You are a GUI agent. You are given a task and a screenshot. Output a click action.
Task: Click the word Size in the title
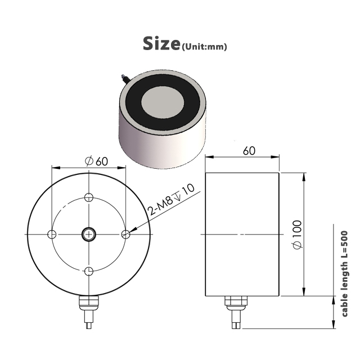point(161,43)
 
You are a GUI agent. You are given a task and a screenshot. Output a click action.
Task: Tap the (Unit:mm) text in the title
point(204,47)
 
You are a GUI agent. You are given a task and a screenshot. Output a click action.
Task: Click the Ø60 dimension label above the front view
point(96,161)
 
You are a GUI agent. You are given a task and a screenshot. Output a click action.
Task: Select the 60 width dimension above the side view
point(249,151)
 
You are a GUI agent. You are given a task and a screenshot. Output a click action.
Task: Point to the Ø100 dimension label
point(298,235)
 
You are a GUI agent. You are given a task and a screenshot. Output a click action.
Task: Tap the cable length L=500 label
point(345,274)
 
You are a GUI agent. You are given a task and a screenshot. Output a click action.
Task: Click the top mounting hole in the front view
point(89,197)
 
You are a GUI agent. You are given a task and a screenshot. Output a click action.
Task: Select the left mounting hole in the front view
point(52,235)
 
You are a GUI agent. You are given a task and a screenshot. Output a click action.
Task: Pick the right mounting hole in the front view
point(126,235)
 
